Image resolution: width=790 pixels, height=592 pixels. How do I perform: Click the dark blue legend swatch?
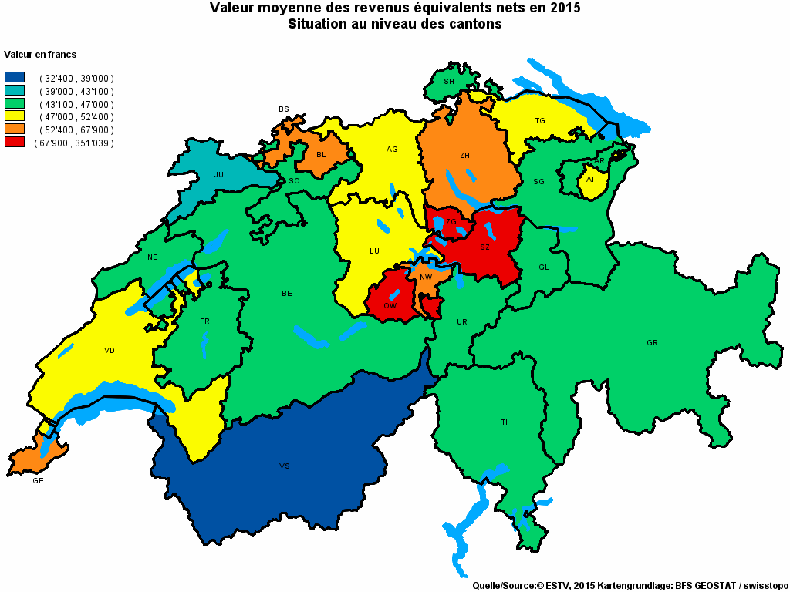(14, 78)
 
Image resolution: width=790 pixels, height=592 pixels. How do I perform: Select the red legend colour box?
(14, 143)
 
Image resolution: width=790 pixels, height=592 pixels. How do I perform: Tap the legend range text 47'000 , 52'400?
(76, 117)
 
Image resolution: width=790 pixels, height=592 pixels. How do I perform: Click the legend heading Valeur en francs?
(40, 55)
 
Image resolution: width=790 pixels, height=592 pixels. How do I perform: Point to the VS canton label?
(284, 466)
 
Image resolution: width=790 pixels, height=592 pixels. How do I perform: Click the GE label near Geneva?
(38, 481)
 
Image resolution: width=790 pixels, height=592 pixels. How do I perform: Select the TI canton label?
(505, 422)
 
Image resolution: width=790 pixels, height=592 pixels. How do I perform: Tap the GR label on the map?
(653, 342)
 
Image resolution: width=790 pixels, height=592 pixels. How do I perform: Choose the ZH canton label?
(464, 156)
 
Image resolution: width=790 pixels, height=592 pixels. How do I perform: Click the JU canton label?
(219, 175)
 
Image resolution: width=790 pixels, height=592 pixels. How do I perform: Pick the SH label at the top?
(449, 82)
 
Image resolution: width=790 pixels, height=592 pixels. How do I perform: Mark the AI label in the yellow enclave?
(590, 180)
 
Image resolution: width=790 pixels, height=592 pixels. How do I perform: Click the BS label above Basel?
(283, 109)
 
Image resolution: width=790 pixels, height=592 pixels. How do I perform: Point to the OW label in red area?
(390, 306)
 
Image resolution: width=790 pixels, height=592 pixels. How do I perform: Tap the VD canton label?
(110, 351)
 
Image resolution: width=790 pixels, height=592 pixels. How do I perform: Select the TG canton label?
(540, 121)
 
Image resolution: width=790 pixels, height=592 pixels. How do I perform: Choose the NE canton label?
(153, 257)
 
